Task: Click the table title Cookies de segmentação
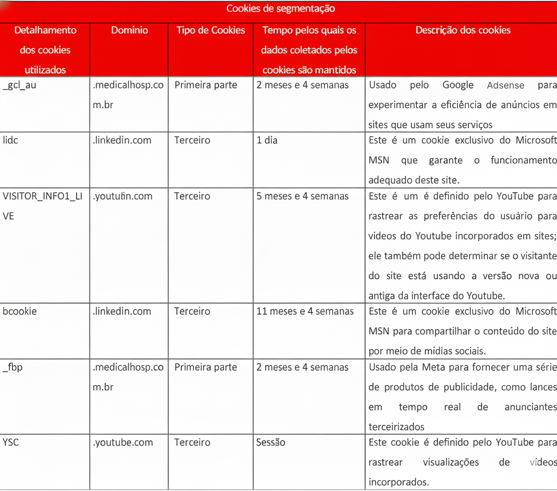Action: point(281,9)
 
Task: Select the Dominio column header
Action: point(129,30)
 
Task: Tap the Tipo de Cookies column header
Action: point(210,30)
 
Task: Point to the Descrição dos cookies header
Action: point(463,30)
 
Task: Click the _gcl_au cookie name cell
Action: point(19,85)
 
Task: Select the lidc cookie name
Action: point(11,140)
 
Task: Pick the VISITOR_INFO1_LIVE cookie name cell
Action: point(42,206)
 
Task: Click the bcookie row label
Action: point(19,311)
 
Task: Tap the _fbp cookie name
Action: point(13,367)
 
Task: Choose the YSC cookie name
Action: point(11,442)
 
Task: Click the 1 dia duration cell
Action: point(267,140)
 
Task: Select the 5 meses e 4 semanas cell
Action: point(303,196)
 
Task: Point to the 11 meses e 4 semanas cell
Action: point(305,311)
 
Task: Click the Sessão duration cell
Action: point(271,442)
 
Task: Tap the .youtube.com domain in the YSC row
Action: point(123,442)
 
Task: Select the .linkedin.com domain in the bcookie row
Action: point(122,311)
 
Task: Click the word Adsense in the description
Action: point(505,85)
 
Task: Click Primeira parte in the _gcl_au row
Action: point(206,85)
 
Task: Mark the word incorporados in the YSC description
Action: point(398,482)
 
